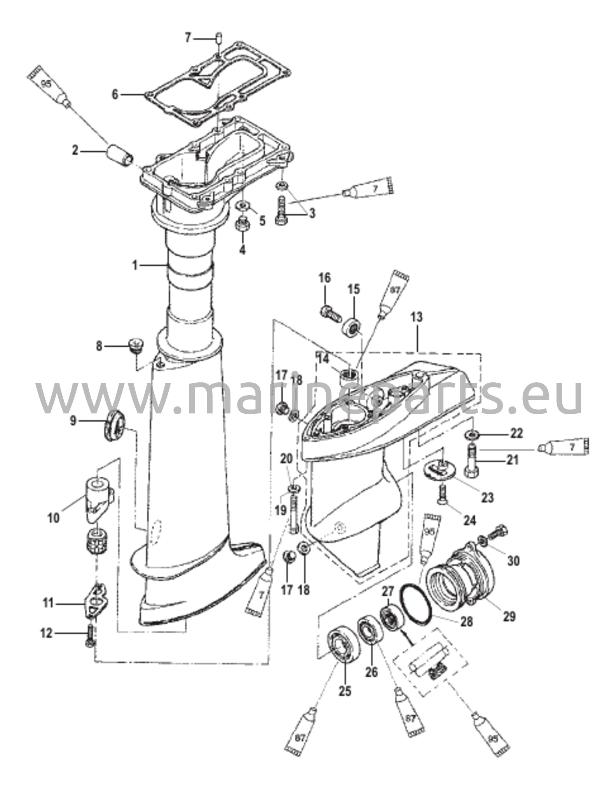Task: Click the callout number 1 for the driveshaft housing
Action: click(x=135, y=266)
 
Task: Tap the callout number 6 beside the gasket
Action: click(x=115, y=94)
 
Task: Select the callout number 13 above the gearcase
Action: click(x=416, y=317)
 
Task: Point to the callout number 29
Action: click(x=509, y=615)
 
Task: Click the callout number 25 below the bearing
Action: click(x=345, y=691)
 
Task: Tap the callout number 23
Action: click(x=487, y=497)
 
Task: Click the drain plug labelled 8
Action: click(x=135, y=345)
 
